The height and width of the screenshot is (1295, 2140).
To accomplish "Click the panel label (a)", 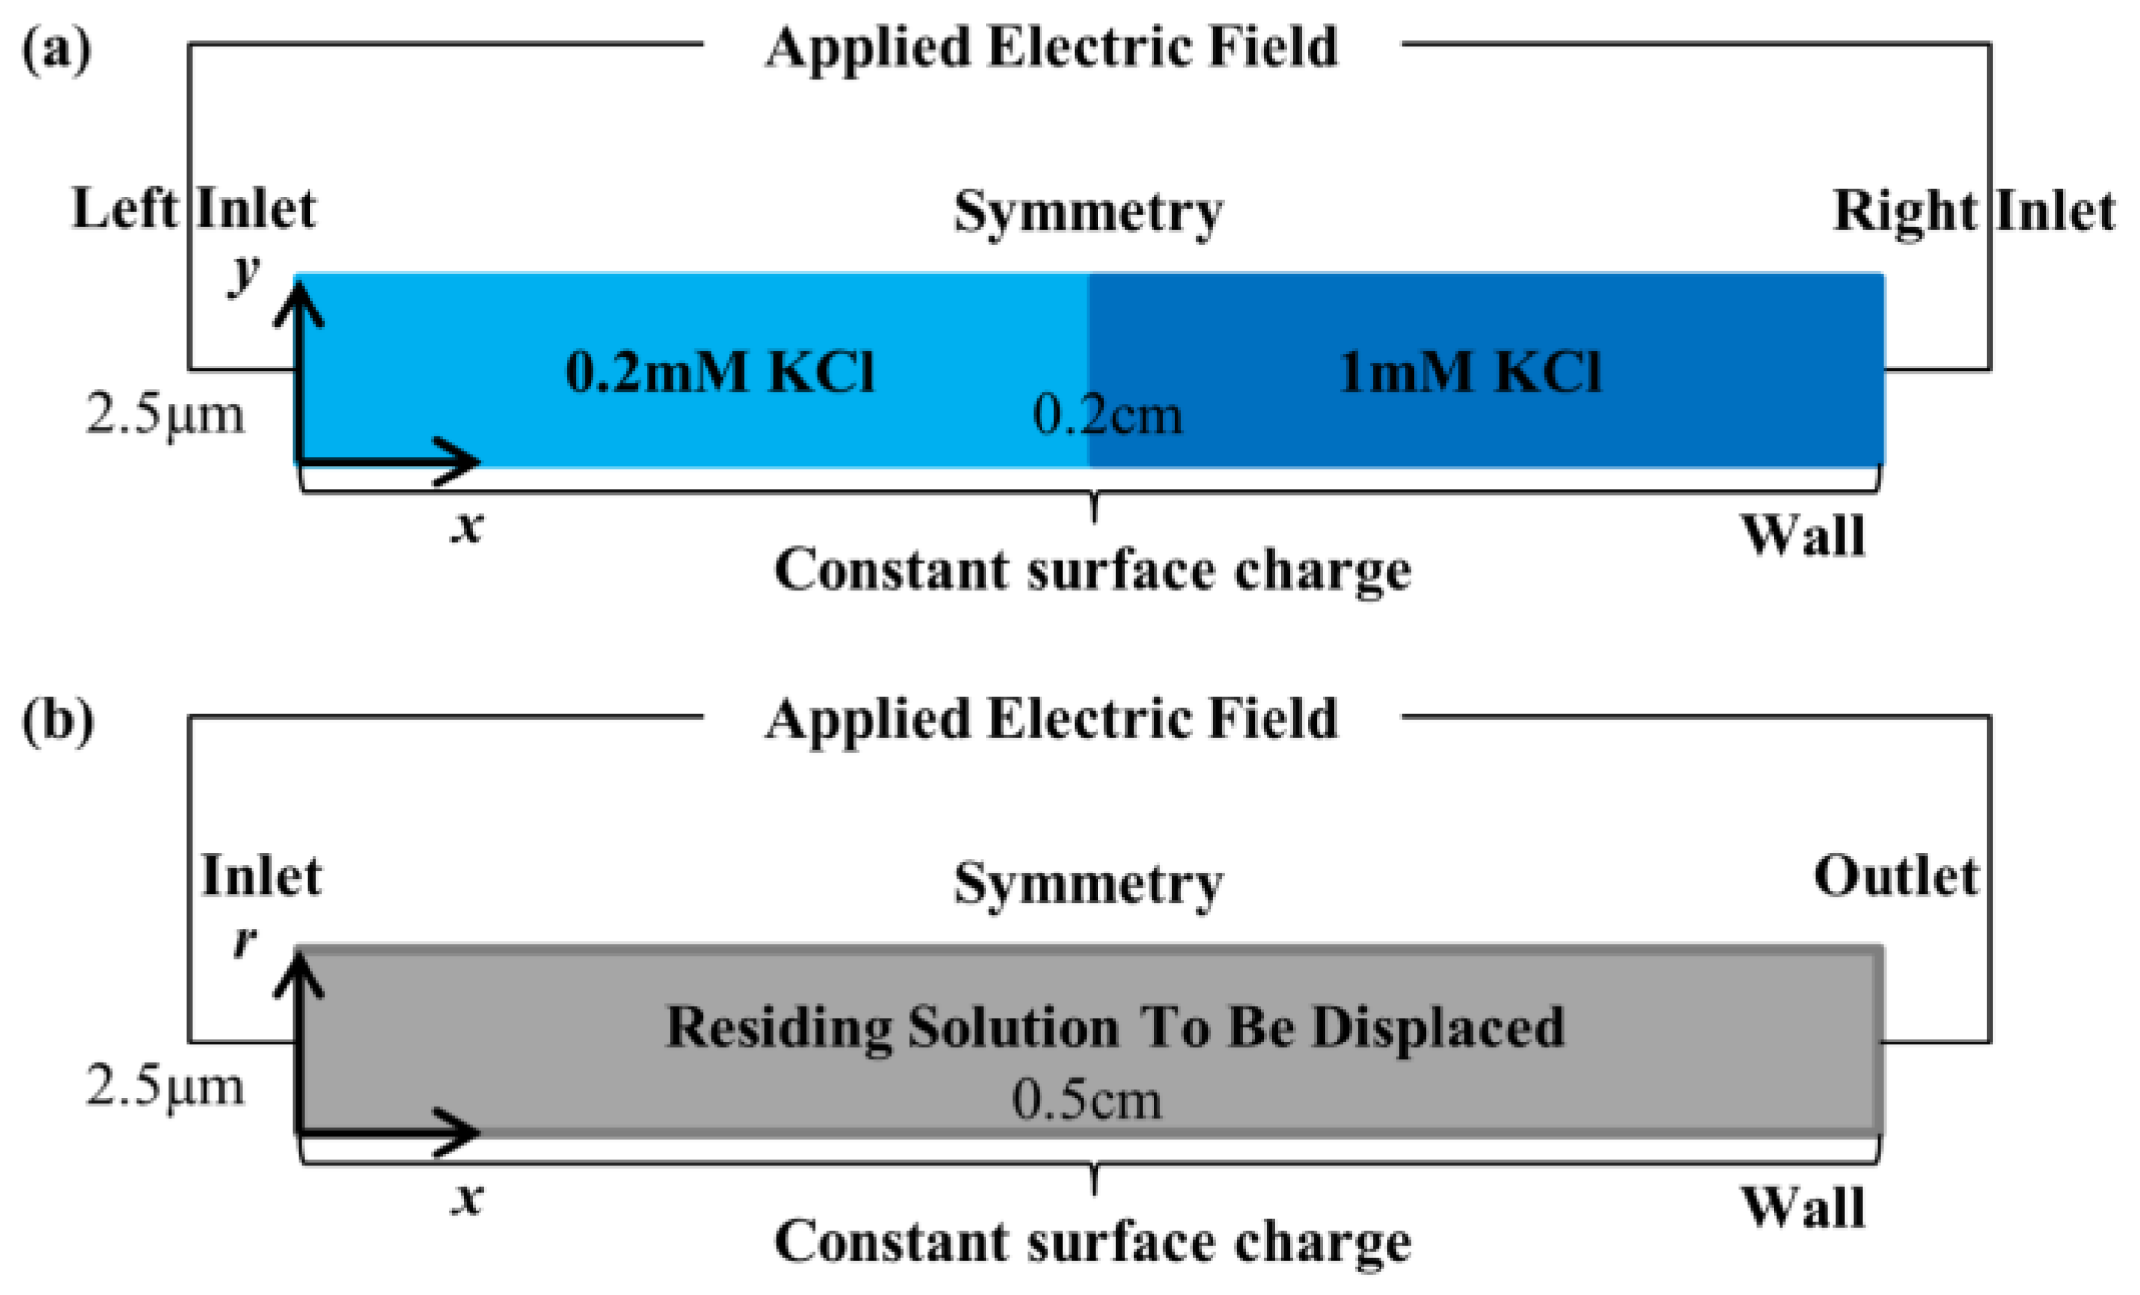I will click(x=56, y=47).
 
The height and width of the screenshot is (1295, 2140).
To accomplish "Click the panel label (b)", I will click(x=57, y=720).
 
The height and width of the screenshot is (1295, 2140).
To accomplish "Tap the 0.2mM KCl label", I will click(x=719, y=372).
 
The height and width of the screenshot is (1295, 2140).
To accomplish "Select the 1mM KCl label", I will click(x=1470, y=372).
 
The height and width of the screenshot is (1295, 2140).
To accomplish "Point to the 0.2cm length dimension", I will click(x=1106, y=416).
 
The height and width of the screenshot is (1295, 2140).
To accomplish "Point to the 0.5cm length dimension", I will click(x=1087, y=1099).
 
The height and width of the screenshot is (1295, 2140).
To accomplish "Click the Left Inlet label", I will click(x=194, y=209).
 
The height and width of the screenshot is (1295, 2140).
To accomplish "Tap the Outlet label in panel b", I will click(x=1894, y=875).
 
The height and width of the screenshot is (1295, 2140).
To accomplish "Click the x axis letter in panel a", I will click(x=468, y=527).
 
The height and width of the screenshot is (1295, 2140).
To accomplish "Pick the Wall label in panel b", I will click(x=1803, y=1208).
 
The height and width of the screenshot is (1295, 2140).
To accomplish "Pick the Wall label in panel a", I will click(x=1803, y=536).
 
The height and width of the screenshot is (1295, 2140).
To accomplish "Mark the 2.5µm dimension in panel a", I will click(x=165, y=414).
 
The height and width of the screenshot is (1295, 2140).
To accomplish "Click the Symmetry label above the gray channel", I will click(x=1088, y=883).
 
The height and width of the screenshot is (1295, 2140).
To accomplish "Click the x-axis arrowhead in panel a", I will click(x=462, y=461).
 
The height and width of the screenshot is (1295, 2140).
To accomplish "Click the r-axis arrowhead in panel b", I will click(x=299, y=975).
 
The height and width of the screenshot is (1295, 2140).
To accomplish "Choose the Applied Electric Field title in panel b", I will click(x=1051, y=718).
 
